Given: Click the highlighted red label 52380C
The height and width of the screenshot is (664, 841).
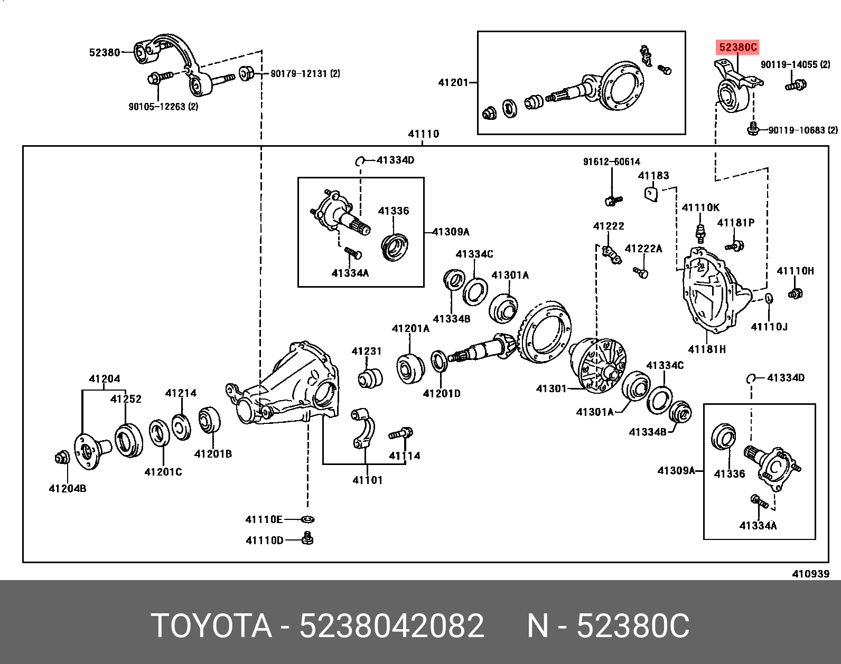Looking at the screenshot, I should (x=738, y=48).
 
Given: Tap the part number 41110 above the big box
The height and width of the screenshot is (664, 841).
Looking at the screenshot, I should (x=423, y=134).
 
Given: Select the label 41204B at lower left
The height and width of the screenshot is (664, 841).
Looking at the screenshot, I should (x=67, y=489).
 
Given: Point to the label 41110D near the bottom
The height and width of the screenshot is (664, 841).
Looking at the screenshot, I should (x=264, y=540).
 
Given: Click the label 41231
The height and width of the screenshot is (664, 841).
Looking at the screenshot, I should (x=366, y=352).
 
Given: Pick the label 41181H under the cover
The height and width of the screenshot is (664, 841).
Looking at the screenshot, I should (x=707, y=349).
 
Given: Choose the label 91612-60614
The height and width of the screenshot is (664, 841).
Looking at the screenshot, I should (x=611, y=162).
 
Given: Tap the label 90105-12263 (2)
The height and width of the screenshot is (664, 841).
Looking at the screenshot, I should (x=163, y=107).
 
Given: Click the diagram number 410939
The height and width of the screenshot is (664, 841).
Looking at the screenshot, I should (x=810, y=574).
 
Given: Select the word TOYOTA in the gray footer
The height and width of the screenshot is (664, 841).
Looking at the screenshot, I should (x=211, y=626).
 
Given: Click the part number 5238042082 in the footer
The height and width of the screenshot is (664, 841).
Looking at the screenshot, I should (x=391, y=626).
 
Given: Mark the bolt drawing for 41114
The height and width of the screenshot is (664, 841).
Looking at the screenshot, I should (x=401, y=434).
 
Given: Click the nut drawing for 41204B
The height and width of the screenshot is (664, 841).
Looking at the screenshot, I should (x=62, y=458).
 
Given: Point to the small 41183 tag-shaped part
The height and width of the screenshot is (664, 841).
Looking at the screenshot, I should (x=651, y=194).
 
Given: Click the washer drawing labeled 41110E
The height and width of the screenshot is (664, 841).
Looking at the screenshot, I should (x=307, y=520).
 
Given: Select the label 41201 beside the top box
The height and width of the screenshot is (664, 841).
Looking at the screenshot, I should (x=453, y=82).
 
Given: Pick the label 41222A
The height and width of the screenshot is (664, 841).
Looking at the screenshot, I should (x=643, y=249).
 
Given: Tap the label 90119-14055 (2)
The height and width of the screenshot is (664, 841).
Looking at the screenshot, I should (x=795, y=65).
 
